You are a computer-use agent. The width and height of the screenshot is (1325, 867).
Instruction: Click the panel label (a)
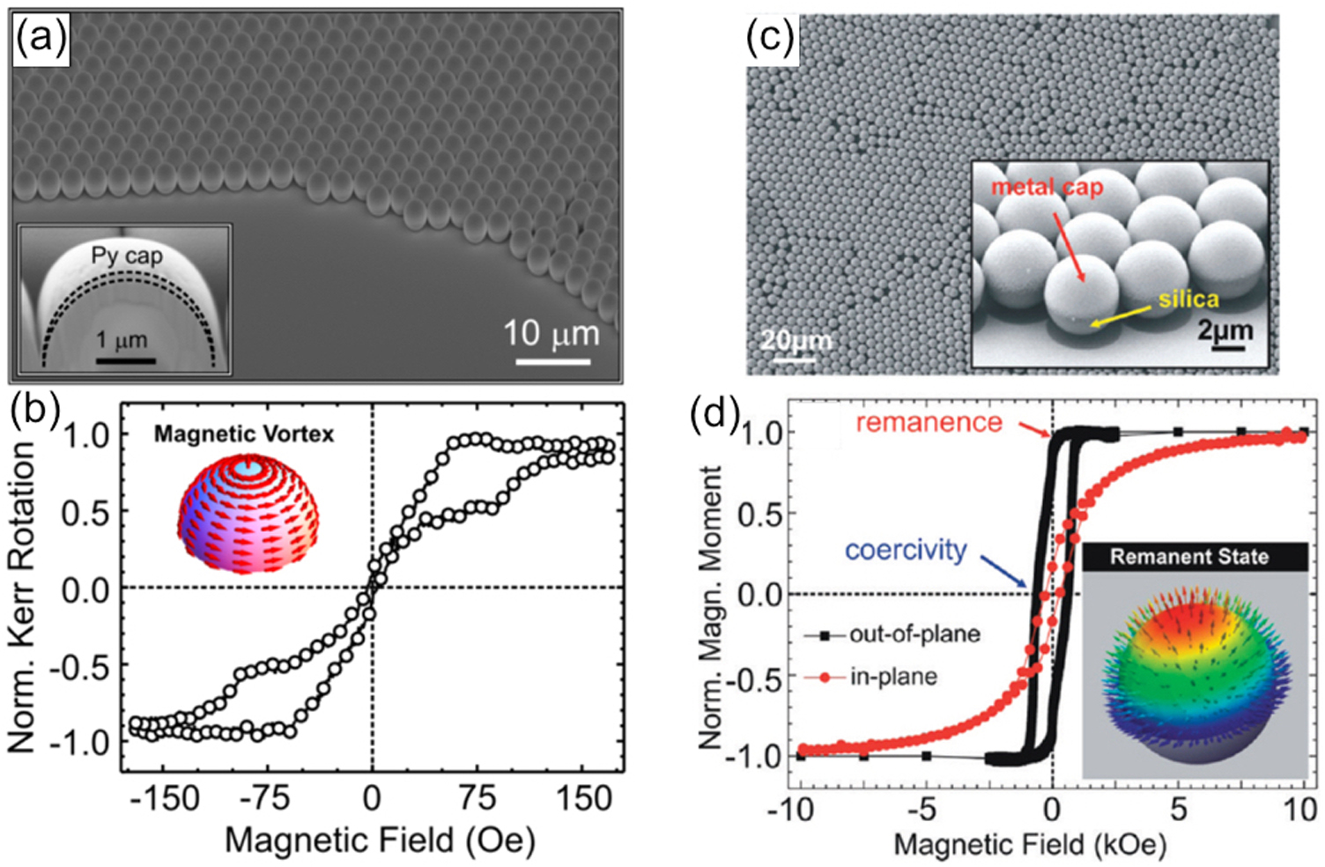[40, 40]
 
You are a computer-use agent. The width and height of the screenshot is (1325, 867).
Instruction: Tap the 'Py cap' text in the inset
[127, 256]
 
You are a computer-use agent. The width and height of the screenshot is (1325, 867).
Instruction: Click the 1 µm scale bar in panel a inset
[125, 359]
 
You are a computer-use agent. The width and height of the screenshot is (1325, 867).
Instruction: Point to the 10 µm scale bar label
[551, 335]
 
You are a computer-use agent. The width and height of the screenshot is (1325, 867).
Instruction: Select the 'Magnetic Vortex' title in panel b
[244, 433]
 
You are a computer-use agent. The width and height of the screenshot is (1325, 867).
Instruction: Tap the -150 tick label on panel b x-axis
[164, 798]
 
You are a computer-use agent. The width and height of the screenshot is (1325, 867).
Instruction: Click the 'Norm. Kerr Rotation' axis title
[22, 597]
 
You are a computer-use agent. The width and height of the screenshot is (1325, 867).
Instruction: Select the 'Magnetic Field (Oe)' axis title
[380, 840]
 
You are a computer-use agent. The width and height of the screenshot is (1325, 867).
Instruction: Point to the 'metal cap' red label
[1047, 187]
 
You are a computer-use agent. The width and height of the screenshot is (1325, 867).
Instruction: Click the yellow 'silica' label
[1188, 300]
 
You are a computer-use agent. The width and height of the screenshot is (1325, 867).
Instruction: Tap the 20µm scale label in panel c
[796, 341]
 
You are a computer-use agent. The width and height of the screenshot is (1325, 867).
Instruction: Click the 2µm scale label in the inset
[1225, 330]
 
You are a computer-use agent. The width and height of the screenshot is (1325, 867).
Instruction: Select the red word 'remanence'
[929, 423]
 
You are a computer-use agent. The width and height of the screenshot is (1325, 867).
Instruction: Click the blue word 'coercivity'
[906, 550]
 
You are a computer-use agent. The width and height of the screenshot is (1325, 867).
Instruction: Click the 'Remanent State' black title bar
[1188, 557]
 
